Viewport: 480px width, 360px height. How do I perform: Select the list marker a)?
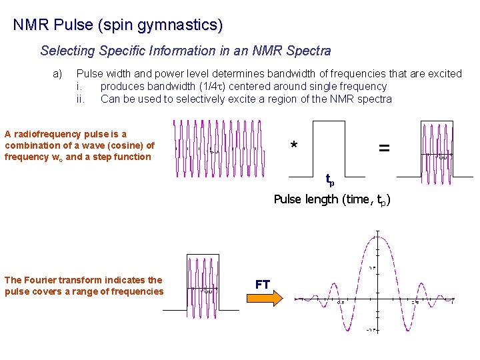(57, 73)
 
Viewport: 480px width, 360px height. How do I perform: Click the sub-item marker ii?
(81, 99)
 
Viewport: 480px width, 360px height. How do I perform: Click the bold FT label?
(263, 285)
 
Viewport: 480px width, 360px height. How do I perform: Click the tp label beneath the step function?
(329, 179)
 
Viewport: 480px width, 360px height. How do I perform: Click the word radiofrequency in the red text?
(46, 134)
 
